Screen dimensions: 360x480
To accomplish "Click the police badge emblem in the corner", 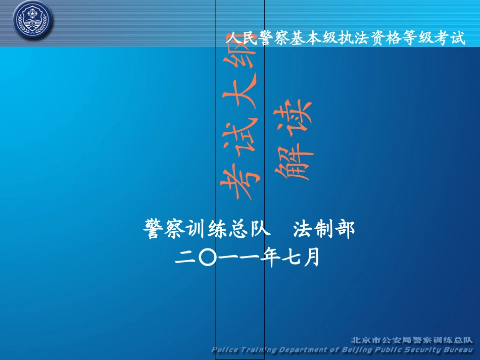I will (33, 20).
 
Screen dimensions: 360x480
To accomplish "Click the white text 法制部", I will (324, 229).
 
